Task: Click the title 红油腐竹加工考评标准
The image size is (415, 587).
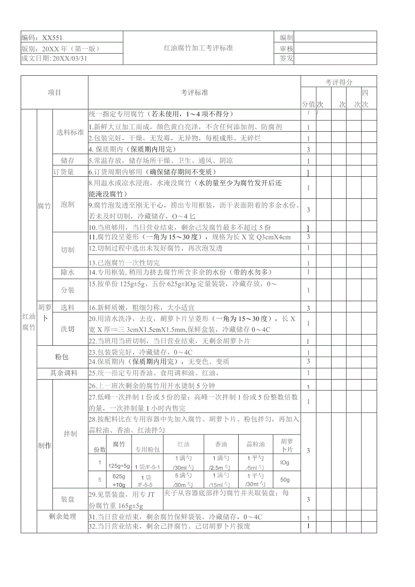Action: click(x=198, y=48)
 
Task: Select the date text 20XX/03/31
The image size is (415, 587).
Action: click(x=69, y=59)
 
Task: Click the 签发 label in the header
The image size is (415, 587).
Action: click(x=286, y=59)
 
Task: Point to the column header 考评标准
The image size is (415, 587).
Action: click(x=194, y=92)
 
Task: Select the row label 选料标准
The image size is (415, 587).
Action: click(x=70, y=132)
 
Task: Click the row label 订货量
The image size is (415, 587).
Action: click(x=64, y=172)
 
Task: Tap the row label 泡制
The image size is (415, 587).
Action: click(x=68, y=204)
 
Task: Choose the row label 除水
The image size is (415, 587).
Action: click(x=68, y=272)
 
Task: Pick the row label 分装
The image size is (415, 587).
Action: click(x=68, y=289)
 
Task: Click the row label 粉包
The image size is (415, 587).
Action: click(x=62, y=357)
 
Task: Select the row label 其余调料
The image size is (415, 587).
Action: click(x=64, y=373)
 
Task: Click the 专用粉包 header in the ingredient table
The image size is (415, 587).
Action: click(x=148, y=449)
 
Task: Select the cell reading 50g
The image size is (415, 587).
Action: click(x=285, y=479)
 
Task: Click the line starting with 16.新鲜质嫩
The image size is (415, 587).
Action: click(x=142, y=307)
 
